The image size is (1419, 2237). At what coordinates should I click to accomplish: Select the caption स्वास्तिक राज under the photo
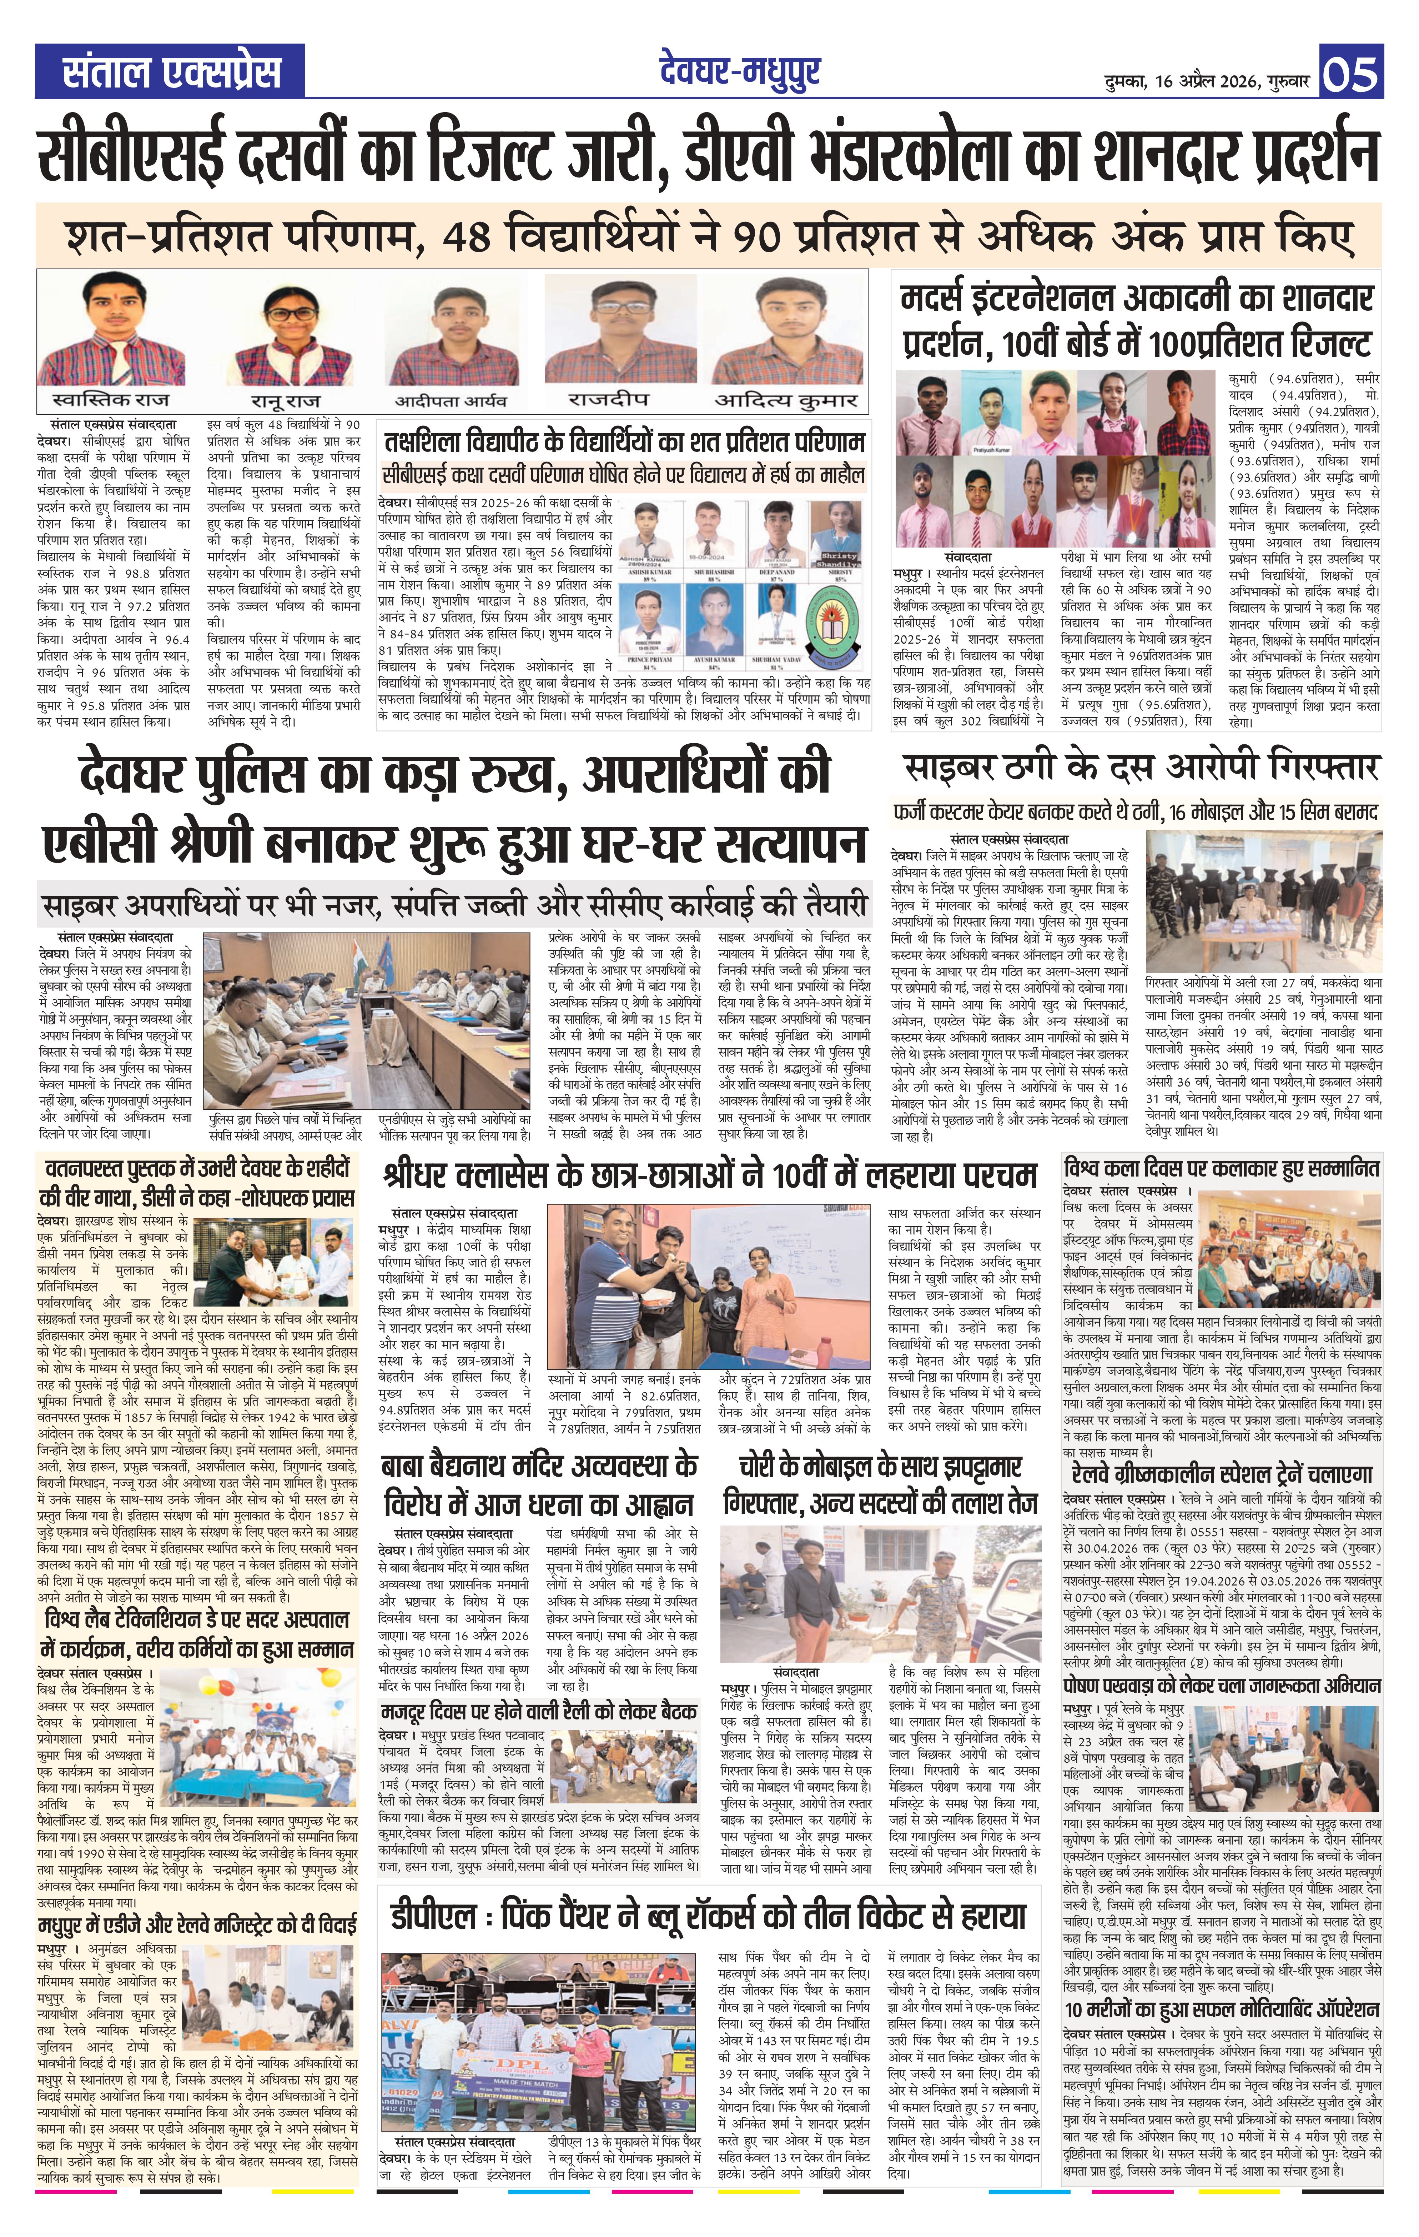coord(113,399)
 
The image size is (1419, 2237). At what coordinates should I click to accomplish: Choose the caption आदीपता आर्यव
coord(451,401)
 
